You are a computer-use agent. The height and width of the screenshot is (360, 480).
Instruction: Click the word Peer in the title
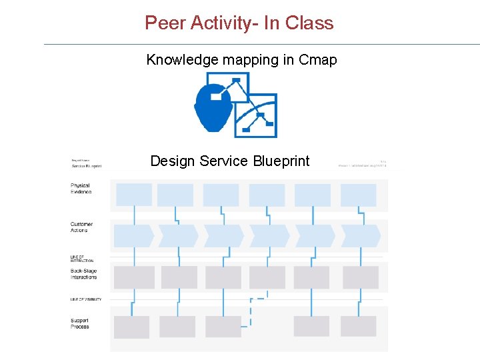pyautogui.click(x=165, y=23)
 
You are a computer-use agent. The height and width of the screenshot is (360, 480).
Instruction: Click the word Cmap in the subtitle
pyautogui.click(x=318, y=60)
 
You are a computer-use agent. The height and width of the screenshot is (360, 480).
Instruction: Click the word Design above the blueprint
pyautogui.click(x=172, y=161)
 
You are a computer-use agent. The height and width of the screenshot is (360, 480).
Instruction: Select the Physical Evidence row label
pyautogui.click(x=81, y=189)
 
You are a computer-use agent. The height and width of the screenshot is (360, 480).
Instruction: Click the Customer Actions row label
pyautogui.click(x=81, y=227)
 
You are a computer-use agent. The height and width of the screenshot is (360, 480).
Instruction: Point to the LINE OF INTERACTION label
pyautogui.click(x=82, y=259)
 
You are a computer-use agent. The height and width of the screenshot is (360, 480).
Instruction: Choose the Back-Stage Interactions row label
pyautogui.click(x=84, y=274)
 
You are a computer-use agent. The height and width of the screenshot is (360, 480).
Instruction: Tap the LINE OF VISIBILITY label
pyautogui.click(x=86, y=299)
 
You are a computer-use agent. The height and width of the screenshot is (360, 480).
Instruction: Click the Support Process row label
pyautogui.click(x=80, y=323)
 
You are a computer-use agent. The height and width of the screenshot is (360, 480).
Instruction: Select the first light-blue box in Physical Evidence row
pyautogui.click(x=134, y=195)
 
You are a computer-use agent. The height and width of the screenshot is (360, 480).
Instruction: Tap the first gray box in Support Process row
pyautogui.click(x=131, y=327)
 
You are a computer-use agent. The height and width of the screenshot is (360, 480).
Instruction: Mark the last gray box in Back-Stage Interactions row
pyautogui.click(x=361, y=277)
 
